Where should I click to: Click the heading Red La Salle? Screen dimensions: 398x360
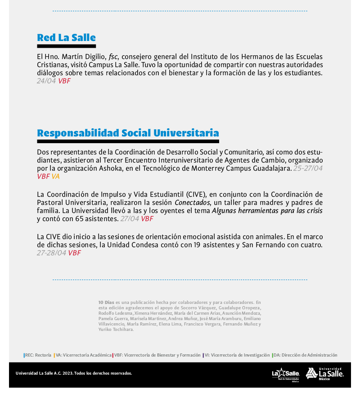tap(66, 37)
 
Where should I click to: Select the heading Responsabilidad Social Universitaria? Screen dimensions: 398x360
tap(128, 133)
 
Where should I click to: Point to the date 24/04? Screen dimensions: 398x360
tap(46, 81)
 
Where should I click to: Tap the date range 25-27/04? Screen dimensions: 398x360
tap(308, 168)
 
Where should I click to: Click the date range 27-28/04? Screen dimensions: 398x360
tap(51, 253)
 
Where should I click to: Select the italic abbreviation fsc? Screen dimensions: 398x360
tap(113, 57)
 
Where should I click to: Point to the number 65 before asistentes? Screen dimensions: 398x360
tap(79, 219)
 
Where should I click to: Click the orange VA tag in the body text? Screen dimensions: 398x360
tap(55, 176)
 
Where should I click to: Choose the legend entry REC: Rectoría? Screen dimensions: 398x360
tap(38, 355)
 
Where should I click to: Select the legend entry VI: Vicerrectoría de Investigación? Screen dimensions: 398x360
tap(237, 355)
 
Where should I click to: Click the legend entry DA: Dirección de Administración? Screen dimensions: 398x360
tap(305, 355)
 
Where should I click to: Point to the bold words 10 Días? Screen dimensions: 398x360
tap(106, 302)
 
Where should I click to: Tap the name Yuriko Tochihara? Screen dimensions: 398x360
tap(116, 329)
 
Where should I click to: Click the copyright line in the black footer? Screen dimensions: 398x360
tap(74, 373)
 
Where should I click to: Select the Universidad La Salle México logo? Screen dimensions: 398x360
tap(325, 374)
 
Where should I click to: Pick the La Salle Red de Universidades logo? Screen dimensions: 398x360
tap(286, 374)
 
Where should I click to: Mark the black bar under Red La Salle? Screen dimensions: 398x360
tap(66, 46)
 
